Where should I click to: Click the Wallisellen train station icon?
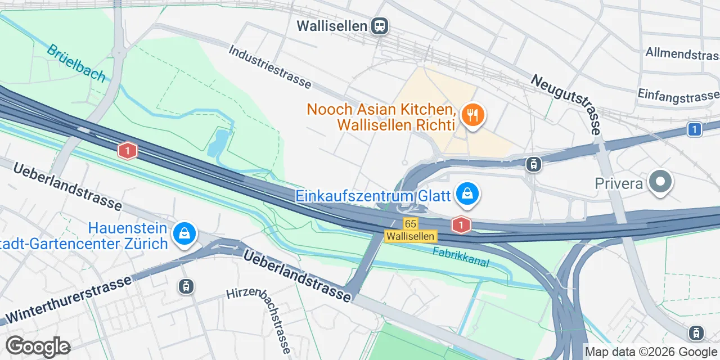pos(380,25)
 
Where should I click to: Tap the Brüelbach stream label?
pos(76,63)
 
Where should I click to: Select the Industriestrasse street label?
pos(270,67)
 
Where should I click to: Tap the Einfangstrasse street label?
pos(678,95)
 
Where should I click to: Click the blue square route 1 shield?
pos(695,130)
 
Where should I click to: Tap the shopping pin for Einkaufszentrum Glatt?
pos(467,195)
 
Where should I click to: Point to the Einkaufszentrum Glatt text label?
pos(373,196)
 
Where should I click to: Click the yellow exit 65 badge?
pos(410,224)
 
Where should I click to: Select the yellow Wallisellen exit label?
pos(410,236)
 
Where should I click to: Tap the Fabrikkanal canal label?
pos(461,257)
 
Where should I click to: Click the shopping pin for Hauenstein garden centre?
pos(184,233)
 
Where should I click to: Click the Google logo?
pos(38,346)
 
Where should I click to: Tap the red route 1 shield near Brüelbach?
pos(128,151)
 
